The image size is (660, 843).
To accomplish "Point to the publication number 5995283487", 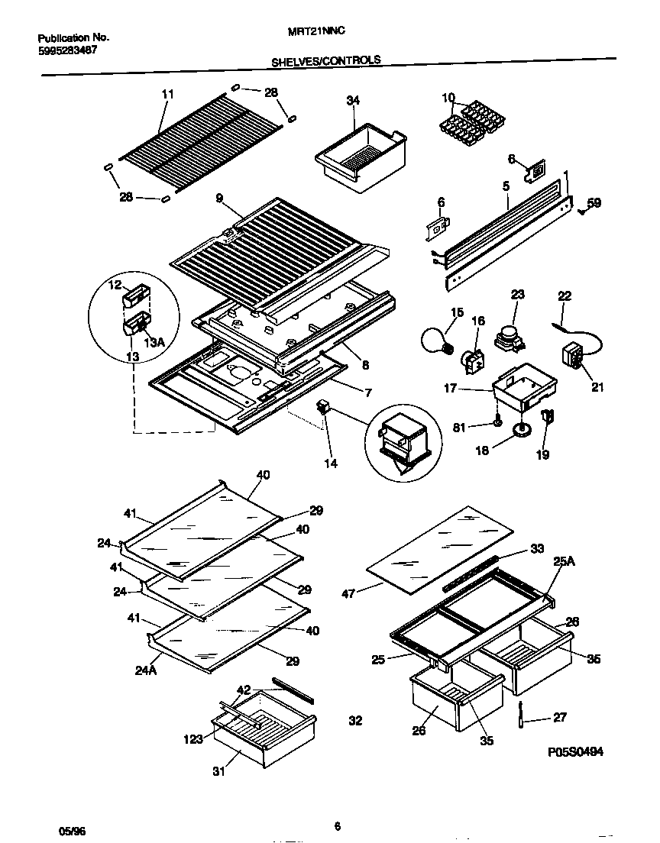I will coord(68,50).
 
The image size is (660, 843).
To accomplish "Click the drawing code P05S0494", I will coord(575,751).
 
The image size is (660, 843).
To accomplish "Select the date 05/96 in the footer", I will coord(69,828).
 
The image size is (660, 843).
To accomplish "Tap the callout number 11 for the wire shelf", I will coord(168,94).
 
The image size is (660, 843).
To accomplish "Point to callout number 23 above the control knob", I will coord(518,295).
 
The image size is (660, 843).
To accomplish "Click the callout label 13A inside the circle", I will coord(155,343).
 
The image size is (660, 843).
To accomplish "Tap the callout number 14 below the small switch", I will coord(331,463).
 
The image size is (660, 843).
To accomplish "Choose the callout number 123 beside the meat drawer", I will coord(193,738).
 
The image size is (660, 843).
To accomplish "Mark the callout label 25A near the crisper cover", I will coord(564,561).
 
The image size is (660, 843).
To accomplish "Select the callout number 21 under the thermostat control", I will coord(597,387).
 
